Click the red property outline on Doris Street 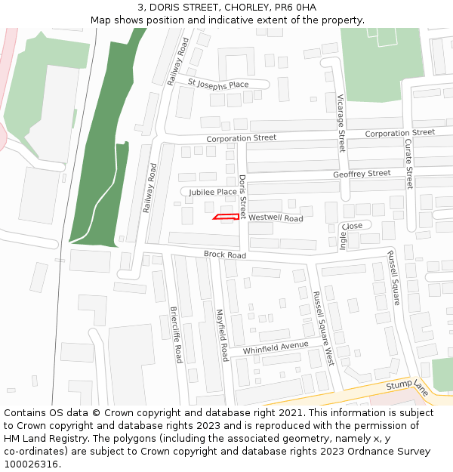pyautogui.click(x=226, y=217)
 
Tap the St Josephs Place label pyautogui.click(x=218, y=85)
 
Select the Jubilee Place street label pyautogui.click(x=213, y=192)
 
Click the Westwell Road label pyautogui.click(x=276, y=217)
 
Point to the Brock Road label pyautogui.click(x=225, y=255)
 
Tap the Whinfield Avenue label pyautogui.click(x=276, y=348)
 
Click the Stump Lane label pyautogui.click(x=407, y=386)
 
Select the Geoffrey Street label pyautogui.click(x=362, y=174)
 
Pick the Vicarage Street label pyautogui.click(x=341, y=123)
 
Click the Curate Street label pyautogui.click(x=408, y=163)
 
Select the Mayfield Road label pyautogui.click(x=222, y=335)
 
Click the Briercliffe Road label pyautogui.click(x=176, y=334)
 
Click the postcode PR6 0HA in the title pyautogui.click(x=296, y=8)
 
